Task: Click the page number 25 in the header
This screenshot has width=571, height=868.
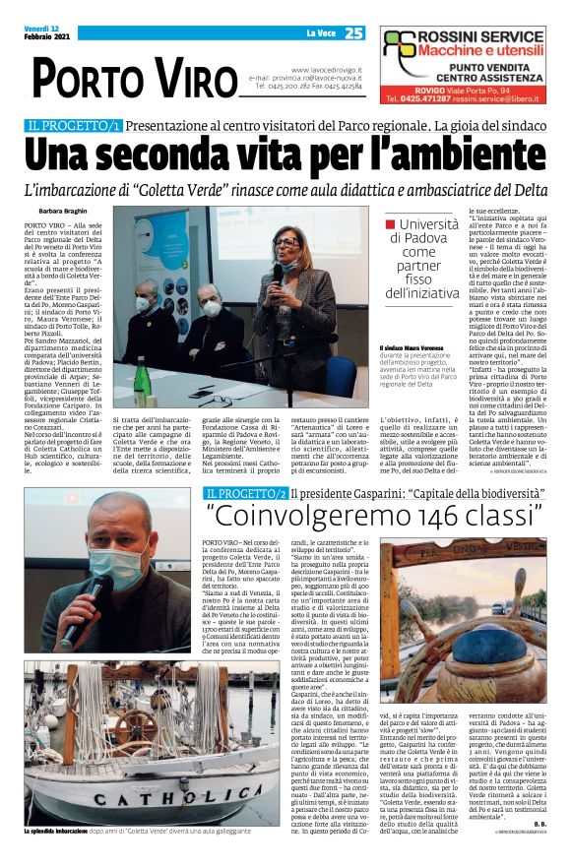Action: (x=354, y=32)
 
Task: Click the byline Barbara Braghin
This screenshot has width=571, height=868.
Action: (x=62, y=212)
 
